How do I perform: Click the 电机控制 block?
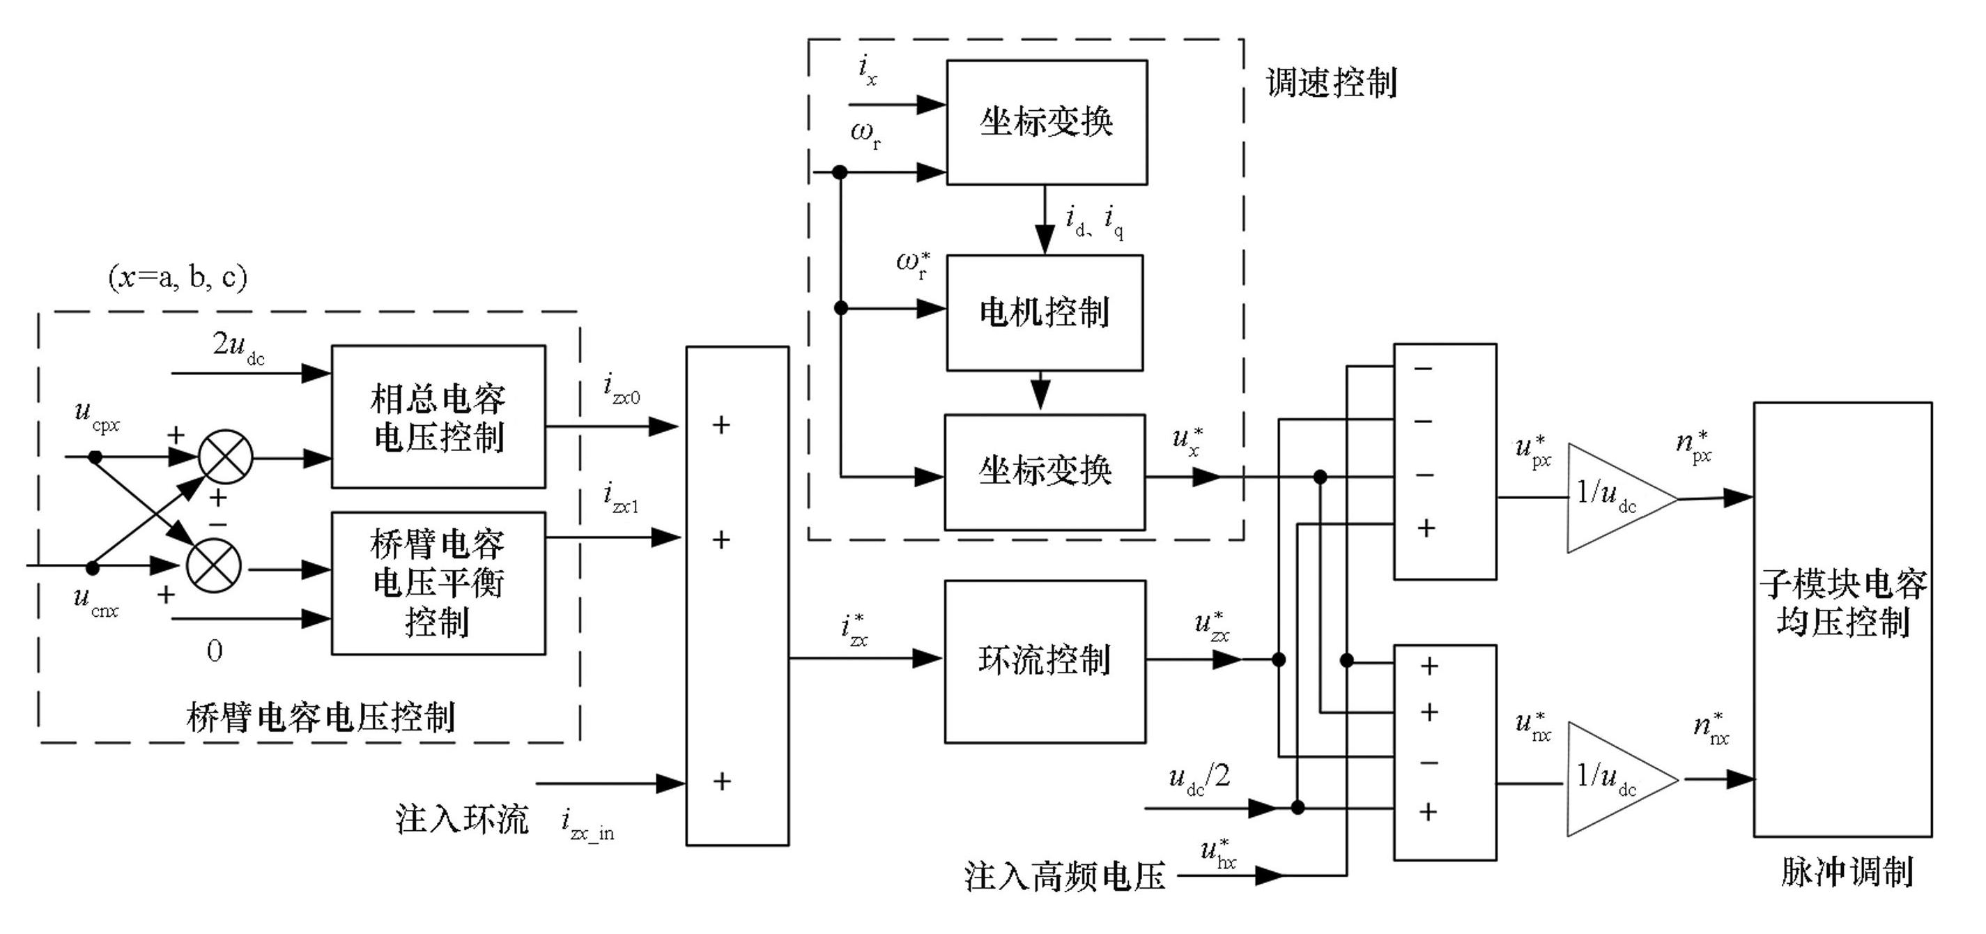[x=1045, y=313]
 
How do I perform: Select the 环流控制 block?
[x=1045, y=661]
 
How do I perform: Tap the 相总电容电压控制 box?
[x=438, y=418]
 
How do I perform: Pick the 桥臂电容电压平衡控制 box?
[x=438, y=583]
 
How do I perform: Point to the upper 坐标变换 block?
[x=1046, y=122]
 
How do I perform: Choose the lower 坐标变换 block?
[x=1045, y=472]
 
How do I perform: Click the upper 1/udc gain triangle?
[x=1611, y=498]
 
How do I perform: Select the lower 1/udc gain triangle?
[x=1611, y=780]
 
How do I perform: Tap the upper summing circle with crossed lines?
[x=225, y=457]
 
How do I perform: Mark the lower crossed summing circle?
[x=213, y=566]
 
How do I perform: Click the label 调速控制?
[x=1332, y=82]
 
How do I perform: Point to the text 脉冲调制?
[x=1847, y=871]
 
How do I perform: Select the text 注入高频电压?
[x=1065, y=877]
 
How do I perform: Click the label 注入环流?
[x=462, y=819]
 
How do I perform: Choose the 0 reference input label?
[x=215, y=652]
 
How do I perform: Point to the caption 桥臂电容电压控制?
[x=321, y=717]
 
